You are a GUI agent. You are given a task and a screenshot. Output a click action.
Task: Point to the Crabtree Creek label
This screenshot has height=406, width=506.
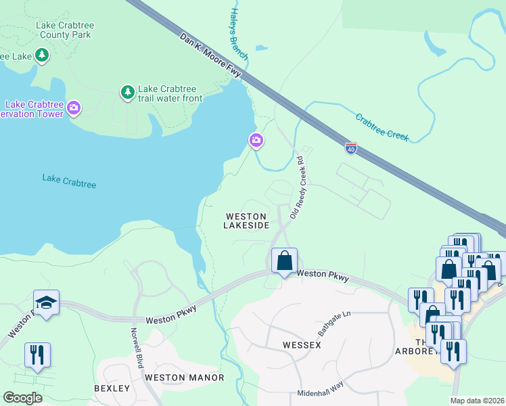click(382, 127)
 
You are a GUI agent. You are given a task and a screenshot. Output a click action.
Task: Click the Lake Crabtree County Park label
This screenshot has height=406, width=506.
click(66, 30)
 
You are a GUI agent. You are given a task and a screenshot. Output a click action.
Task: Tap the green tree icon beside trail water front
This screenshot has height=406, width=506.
click(127, 91)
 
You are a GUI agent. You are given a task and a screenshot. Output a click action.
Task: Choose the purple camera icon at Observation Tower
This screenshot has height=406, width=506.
click(74, 107)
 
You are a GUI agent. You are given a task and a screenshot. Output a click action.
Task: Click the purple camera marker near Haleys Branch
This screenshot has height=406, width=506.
click(256, 141)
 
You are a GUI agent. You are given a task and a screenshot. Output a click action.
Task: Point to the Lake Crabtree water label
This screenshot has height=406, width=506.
click(69, 181)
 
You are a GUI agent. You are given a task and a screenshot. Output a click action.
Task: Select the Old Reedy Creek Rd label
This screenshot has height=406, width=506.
click(300, 187)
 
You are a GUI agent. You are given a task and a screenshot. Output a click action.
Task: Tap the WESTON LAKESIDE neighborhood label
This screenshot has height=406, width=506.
click(246, 221)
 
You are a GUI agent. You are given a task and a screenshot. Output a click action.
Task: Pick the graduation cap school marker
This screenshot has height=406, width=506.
click(46, 303)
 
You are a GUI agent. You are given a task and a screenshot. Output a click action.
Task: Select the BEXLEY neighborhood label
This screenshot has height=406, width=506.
click(112, 388)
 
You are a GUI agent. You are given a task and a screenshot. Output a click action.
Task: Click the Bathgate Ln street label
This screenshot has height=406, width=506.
click(336, 324)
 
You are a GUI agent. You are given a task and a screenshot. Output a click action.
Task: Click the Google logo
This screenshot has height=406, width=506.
click(23, 398)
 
